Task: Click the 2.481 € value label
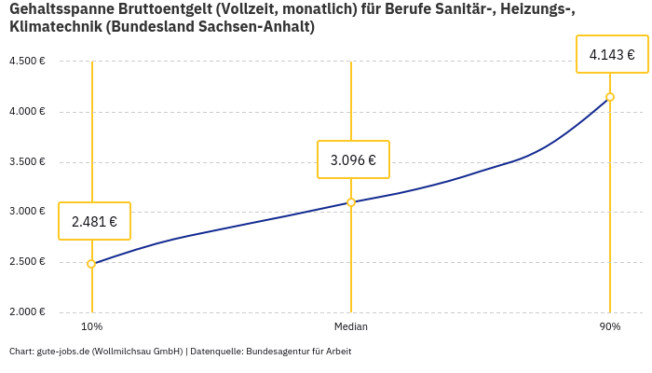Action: (x=94, y=221)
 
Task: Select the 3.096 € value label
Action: (x=353, y=159)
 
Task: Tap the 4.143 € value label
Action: (x=612, y=54)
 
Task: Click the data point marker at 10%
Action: (x=91, y=264)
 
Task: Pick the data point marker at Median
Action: (x=351, y=202)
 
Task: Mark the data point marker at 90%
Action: (x=610, y=97)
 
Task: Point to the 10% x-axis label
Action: (x=91, y=326)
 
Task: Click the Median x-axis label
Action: (x=351, y=326)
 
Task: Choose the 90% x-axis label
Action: (x=610, y=326)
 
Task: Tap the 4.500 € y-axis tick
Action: (x=27, y=62)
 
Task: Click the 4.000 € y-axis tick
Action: (x=27, y=112)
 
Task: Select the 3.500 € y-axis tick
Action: (x=27, y=161)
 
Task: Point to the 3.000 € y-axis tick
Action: (x=27, y=212)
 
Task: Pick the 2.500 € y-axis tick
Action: (x=27, y=261)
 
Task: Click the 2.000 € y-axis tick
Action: (x=27, y=311)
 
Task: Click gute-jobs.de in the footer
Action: (x=62, y=352)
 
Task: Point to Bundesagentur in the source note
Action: (x=277, y=352)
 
